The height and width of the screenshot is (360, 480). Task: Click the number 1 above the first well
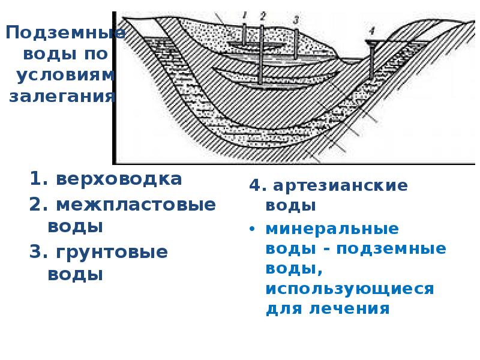pyautogui.click(x=245, y=14)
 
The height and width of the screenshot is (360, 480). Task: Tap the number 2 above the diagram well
pyautogui.click(x=262, y=15)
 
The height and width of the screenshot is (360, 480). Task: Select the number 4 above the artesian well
pyautogui.click(x=371, y=30)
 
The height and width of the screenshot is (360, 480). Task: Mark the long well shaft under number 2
pyautogui.click(x=260, y=54)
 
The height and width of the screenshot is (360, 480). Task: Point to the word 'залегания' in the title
pyautogui.click(x=62, y=96)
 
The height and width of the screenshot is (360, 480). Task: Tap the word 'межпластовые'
pyautogui.click(x=135, y=204)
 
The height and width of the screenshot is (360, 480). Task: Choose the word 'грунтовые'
pyautogui.click(x=112, y=252)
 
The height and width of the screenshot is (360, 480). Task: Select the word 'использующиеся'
pyautogui.click(x=349, y=289)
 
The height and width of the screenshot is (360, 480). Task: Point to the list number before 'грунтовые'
pyautogui.click(x=37, y=252)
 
